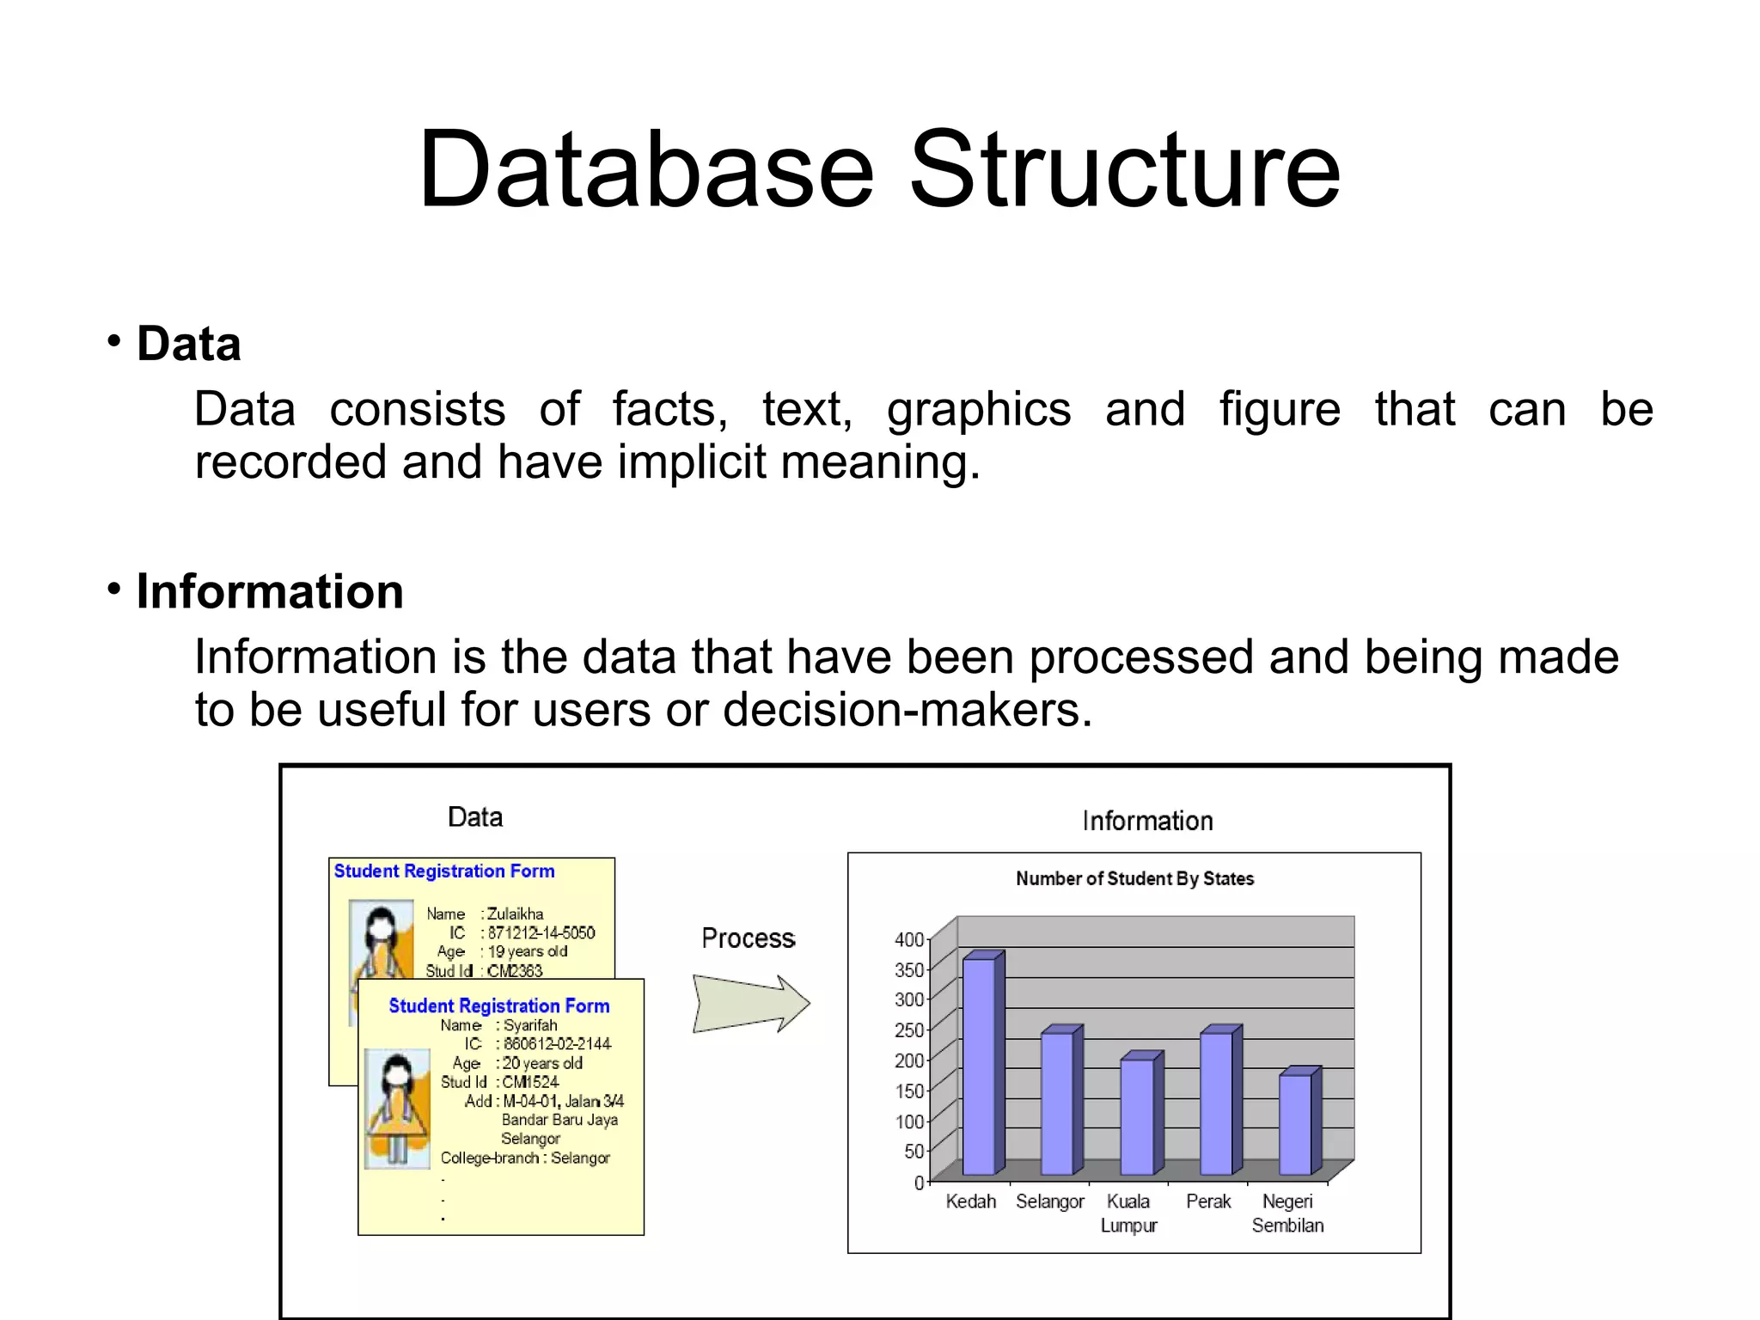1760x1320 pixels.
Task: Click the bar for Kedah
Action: [980, 1066]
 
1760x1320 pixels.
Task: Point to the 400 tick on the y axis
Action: [909, 939]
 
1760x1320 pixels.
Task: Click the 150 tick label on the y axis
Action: [909, 1091]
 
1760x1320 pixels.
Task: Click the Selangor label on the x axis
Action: [1050, 1201]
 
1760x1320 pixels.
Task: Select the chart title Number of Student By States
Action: [1134, 878]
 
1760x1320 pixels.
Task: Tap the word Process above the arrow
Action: [748, 938]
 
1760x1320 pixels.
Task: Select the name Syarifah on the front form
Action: [530, 1025]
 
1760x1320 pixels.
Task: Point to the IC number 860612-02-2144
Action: [557, 1044]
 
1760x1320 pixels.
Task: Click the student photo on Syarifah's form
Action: [397, 1109]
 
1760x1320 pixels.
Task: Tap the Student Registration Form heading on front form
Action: [498, 1005]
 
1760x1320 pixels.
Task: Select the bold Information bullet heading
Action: [270, 592]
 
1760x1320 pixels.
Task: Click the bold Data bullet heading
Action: [189, 344]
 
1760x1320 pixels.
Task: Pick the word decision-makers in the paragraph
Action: [907, 711]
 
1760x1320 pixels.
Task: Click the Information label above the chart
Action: [1147, 821]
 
